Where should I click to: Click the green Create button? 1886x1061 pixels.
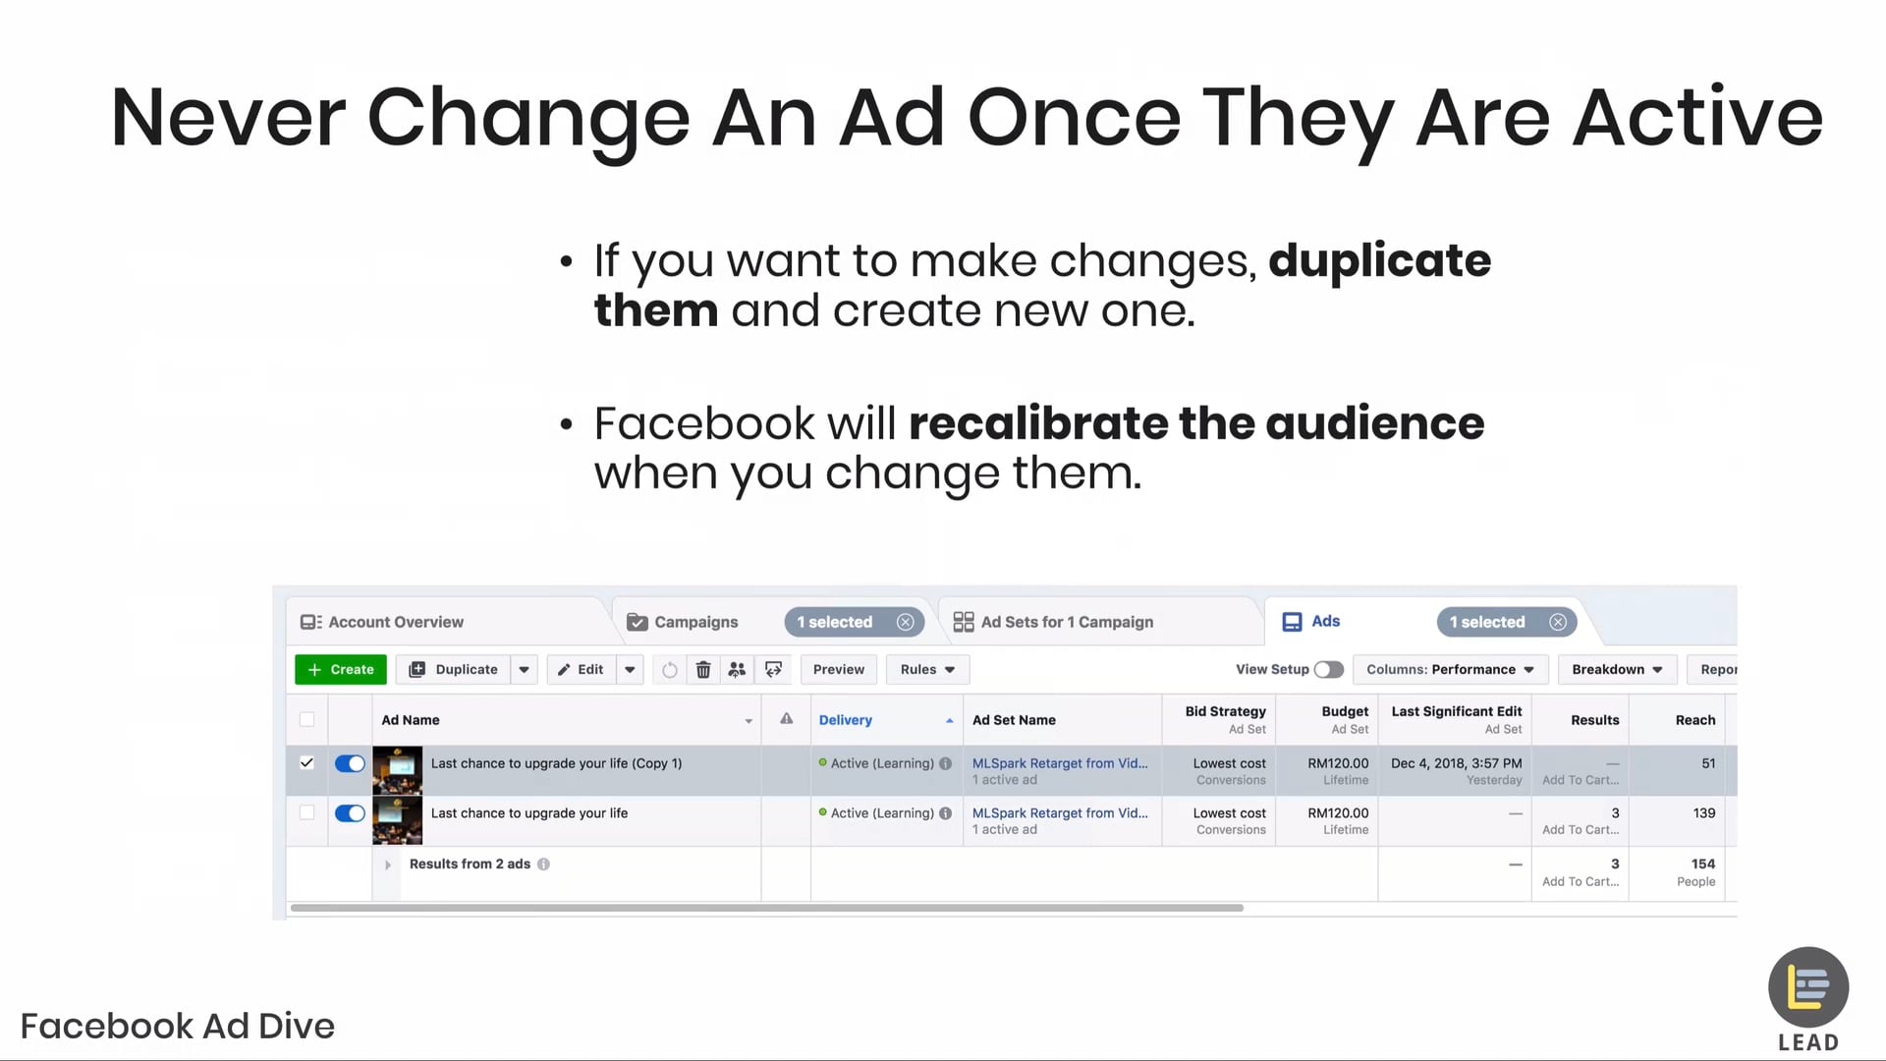pos(341,669)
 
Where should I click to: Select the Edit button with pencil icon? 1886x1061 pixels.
pos(581,669)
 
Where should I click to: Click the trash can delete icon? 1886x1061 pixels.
pos(703,670)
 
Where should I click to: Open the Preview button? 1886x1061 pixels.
pos(838,669)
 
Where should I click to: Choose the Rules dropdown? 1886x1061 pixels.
pos(927,669)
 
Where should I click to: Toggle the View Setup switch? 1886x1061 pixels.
pos(1328,669)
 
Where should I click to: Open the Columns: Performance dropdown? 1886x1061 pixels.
pos(1450,669)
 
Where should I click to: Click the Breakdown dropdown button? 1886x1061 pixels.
pos(1617,669)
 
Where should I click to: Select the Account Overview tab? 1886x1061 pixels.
pos(395,622)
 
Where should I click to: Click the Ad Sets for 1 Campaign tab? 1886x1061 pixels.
pos(1067,622)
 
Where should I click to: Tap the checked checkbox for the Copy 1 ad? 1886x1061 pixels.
pos(307,762)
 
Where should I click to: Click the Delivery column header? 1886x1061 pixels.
pos(845,720)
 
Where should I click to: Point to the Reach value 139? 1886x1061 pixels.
pos(1703,813)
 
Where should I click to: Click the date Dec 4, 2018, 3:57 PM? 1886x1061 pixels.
pos(1456,763)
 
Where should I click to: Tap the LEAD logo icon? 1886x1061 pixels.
pos(1808,987)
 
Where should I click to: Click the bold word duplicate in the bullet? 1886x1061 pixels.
pos(1379,260)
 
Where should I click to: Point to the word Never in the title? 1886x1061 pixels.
pos(228,118)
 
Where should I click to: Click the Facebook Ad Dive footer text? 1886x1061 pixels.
pos(178,1026)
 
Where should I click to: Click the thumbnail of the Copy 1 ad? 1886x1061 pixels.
pos(397,770)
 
